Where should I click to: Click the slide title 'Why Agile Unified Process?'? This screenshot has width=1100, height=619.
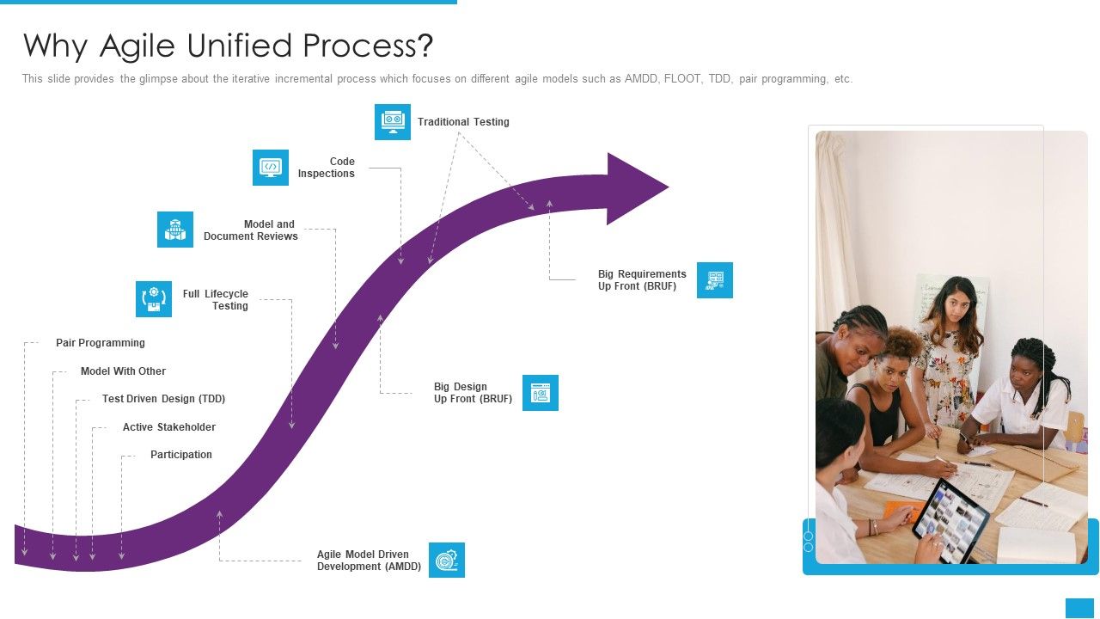(228, 46)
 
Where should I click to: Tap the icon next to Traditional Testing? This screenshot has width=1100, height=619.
(393, 122)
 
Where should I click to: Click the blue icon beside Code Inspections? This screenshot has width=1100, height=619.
(271, 168)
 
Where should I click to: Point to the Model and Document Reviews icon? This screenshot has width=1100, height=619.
(175, 230)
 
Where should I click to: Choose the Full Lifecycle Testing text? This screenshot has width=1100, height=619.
(216, 300)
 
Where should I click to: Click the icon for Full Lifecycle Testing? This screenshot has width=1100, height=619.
(154, 299)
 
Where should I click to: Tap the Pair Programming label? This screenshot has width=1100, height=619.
(101, 343)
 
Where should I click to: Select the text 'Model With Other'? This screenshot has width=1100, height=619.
(123, 371)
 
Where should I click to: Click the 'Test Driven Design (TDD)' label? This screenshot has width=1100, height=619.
(163, 399)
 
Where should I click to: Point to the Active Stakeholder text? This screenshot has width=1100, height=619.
(169, 427)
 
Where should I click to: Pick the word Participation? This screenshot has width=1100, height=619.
(181, 455)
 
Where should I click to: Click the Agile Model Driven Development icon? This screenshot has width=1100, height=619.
(447, 561)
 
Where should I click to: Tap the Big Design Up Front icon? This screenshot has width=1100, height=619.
(541, 393)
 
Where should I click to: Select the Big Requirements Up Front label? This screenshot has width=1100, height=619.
(642, 280)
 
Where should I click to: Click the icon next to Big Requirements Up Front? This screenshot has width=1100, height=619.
(715, 280)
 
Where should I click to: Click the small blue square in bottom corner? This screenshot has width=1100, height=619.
(1079, 608)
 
